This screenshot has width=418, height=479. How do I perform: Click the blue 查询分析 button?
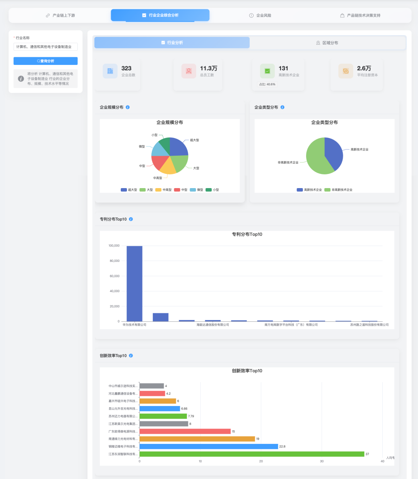coord(45,61)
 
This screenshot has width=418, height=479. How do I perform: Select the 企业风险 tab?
coord(260,15)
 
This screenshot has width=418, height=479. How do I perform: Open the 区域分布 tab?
coord(327,43)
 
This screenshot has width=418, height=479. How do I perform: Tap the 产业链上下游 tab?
coord(60,15)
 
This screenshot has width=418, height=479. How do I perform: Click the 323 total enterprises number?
coord(126,68)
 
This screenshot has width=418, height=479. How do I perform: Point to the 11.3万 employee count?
coord(208,68)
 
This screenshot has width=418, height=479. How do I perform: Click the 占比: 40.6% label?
coord(267,84)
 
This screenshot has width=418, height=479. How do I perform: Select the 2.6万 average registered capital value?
coord(364,68)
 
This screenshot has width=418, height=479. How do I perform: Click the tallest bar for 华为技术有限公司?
coord(134,284)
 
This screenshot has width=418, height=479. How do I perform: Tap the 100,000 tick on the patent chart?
coord(114,246)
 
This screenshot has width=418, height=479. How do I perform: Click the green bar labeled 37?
coord(252,454)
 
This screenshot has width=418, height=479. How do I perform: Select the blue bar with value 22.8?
coord(209,447)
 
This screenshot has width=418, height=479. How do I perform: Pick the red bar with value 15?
coord(185,431)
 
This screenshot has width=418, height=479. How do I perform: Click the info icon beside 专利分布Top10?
coord(131,219)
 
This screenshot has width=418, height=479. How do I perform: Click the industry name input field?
coord(45,47)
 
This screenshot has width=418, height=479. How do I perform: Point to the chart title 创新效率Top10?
coord(247,371)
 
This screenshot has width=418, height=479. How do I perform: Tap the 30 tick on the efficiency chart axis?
coord(322,461)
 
